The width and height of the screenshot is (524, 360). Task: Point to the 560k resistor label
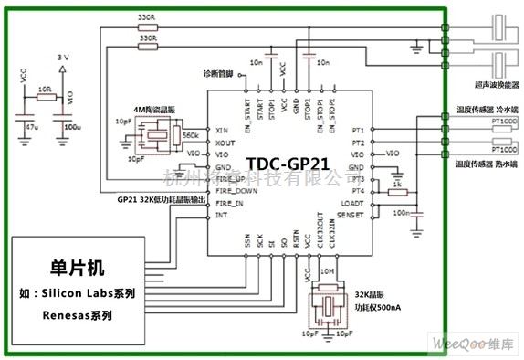(x=192, y=133)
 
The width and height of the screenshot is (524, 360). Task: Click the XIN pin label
(x=220, y=132)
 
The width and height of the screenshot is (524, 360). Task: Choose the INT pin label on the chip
(x=219, y=216)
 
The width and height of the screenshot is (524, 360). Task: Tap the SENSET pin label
(x=352, y=215)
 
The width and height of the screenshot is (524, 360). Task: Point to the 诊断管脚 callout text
(x=220, y=72)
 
